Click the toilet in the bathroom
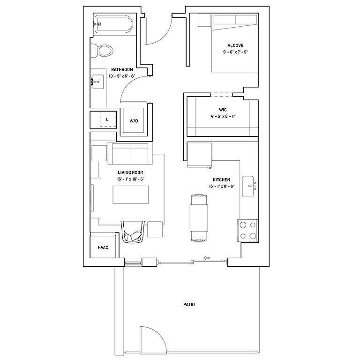(x=102, y=51)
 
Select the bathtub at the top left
(x=113, y=24)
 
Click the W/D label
(x=134, y=121)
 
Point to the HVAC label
(x=103, y=247)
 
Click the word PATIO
(x=189, y=304)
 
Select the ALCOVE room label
(x=235, y=45)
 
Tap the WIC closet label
(x=223, y=110)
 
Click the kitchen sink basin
(x=248, y=186)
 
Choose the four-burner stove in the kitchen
(x=248, y=231)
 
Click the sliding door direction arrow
(x=207, y=258)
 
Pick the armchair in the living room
(x=133, y=232)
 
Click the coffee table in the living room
(x=130, y=195)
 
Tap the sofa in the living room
(x=130, y=153)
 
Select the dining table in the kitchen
(x=199, y=218)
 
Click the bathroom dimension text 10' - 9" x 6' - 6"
(x=122, y=76)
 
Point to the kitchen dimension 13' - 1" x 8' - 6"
(x=222, y=186)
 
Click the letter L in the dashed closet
(x=107, y=120)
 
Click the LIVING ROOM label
(x=130, y=172)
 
